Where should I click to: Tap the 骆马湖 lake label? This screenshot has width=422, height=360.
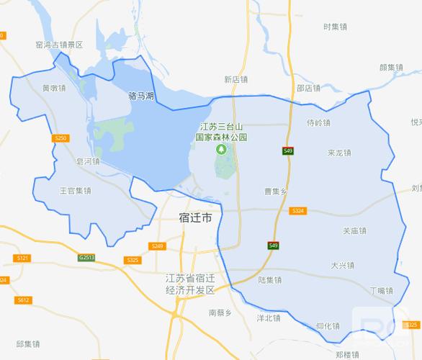(141, 95)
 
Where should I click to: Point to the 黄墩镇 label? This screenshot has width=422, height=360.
(53, 89)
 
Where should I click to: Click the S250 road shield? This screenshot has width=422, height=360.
(60, 137)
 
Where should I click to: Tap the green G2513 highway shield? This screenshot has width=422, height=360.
(87, 257)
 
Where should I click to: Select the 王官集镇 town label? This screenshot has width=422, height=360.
(75, 191)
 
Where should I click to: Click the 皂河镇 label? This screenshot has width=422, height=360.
(87, 162)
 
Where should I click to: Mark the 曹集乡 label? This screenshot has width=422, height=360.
(275, 192)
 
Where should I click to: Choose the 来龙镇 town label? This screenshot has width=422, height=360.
(338, 153)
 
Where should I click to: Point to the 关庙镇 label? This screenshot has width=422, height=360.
(354, 231)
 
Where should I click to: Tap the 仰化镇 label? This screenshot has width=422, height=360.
(328, 326)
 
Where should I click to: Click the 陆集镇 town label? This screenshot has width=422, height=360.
(269, 279)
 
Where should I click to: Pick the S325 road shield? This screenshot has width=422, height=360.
(131, 260)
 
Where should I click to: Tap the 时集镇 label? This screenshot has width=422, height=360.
(336, 27)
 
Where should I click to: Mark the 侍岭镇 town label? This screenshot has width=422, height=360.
(318, 122)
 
